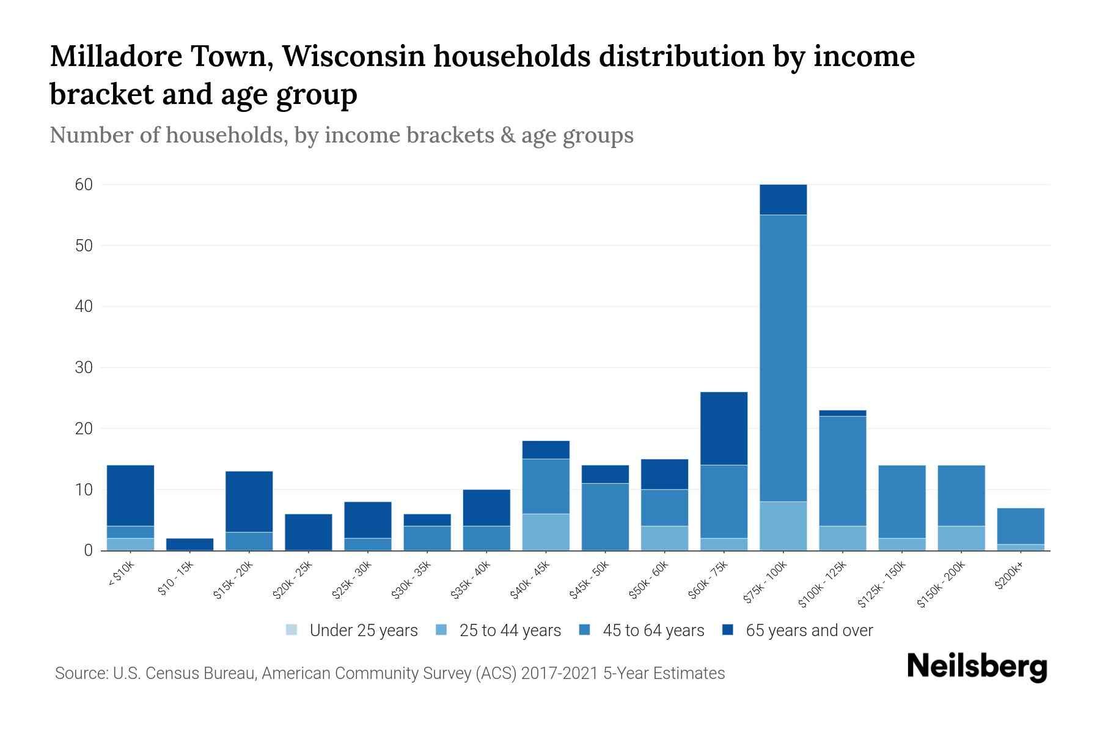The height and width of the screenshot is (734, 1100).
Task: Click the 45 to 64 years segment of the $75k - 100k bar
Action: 783,358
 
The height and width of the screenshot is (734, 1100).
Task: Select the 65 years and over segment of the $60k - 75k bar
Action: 724,428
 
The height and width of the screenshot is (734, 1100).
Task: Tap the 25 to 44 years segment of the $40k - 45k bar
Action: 546,532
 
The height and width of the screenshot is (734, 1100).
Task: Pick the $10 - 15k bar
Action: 189,544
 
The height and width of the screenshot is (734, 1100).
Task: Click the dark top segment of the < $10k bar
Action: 130,495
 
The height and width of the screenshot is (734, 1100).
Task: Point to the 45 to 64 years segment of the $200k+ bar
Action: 1020,526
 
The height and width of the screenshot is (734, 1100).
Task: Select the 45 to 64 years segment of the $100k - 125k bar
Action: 842,471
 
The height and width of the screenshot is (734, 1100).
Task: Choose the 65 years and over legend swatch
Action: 728,630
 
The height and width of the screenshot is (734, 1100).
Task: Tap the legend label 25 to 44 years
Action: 510,630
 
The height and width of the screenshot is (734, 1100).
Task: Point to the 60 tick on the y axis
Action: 84,185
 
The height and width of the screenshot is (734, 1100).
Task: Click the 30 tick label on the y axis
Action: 84,368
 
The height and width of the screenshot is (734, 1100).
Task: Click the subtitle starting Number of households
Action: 341,135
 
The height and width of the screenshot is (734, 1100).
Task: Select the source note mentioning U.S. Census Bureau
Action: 389,673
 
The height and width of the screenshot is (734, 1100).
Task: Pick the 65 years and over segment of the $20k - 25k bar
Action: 308,532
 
